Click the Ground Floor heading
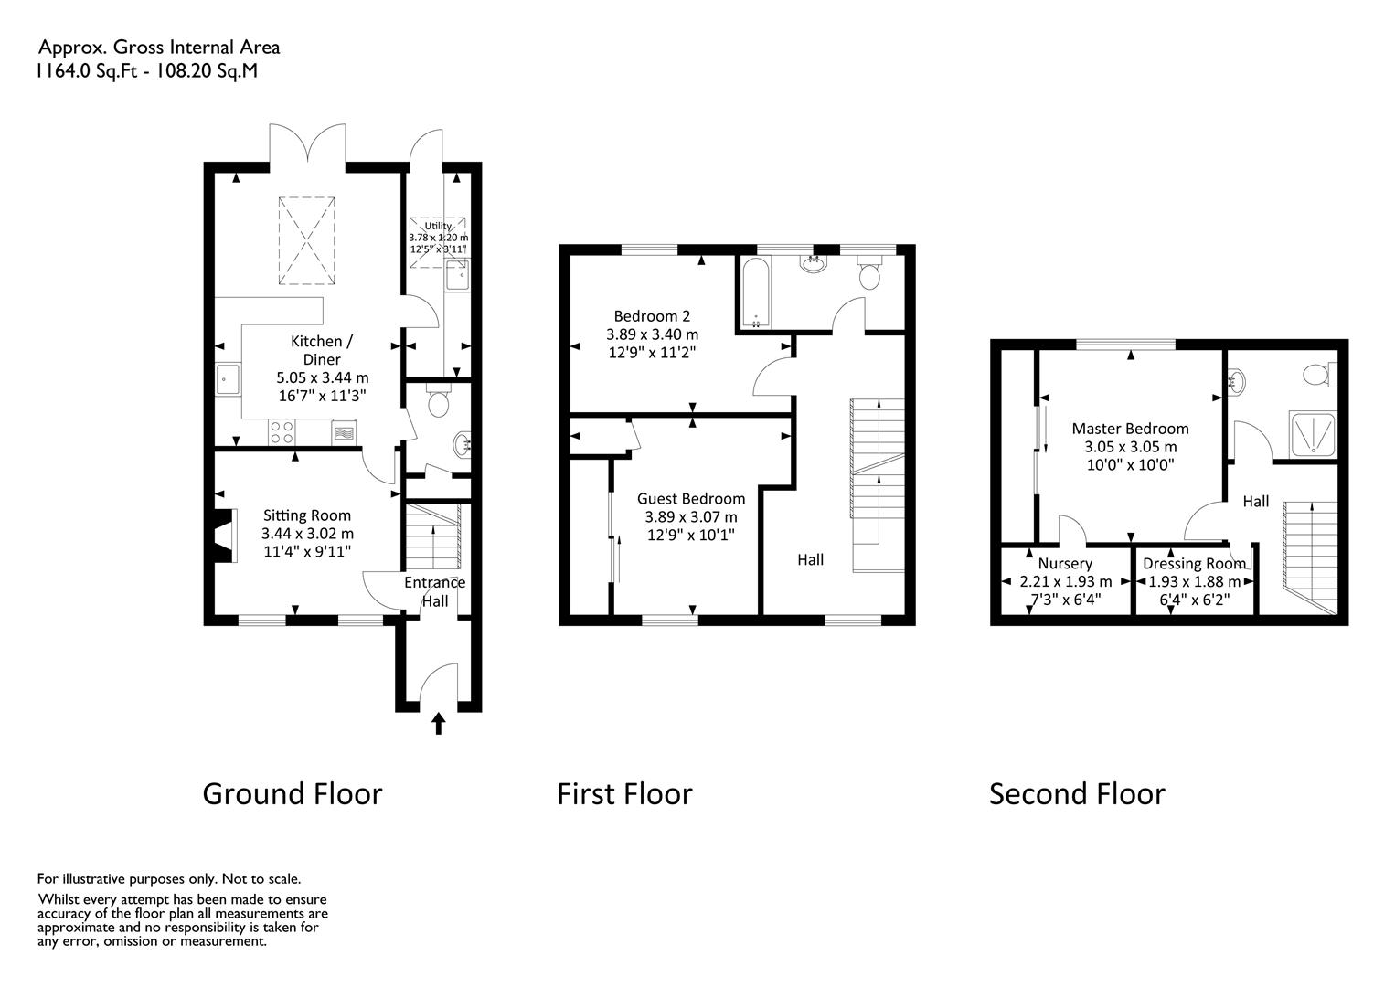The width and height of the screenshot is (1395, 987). (293, 794)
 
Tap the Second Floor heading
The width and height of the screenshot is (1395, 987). (1077, 794)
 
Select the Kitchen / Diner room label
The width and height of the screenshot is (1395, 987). (322, 350)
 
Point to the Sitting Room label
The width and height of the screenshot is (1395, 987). (307, 515)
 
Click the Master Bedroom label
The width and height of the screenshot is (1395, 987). (1130, 429)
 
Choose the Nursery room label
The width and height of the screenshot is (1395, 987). (1065, 564)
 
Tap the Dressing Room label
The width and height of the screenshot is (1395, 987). (1194, 564)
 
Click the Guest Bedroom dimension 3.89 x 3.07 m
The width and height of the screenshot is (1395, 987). (691, 517)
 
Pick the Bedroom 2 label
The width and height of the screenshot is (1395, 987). (652, 316)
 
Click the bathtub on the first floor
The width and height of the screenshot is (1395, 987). (756, 292)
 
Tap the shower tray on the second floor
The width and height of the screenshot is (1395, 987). (1312, 434)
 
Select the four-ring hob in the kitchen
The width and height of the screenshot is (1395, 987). (282, 432)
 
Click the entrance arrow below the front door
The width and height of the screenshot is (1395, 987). (439, 724)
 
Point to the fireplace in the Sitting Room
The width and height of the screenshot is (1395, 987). (225, 536)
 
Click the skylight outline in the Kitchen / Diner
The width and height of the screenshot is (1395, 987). (306, 241)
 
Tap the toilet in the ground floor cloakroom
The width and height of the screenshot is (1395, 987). (439, 400)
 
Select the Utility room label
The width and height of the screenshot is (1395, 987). (438, 226)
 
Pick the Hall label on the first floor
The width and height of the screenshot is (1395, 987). (810, 560)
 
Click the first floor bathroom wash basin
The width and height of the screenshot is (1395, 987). (814, 264)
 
